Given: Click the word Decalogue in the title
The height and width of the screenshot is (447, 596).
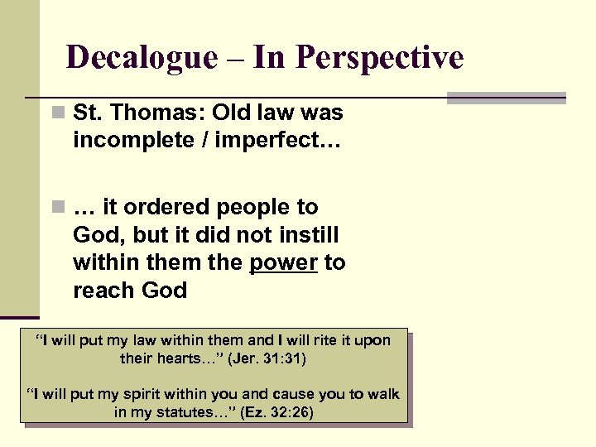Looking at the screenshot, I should (x=141, y=58).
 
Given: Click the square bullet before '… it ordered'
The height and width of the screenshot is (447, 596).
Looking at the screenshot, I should (x=55, y=207).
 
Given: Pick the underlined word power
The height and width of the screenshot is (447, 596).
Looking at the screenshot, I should (x=283, y=262).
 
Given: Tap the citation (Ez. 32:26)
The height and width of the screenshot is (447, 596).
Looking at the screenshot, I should (x=276, y=412).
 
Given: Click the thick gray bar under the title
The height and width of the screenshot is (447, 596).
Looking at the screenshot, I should (x=506, y=98).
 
